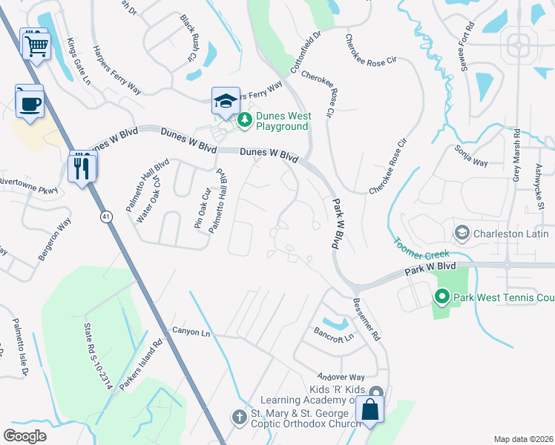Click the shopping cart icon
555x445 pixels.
pyautogui.click(x=36, y=47)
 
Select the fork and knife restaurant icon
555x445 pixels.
pyautogui.click(x=82, y=168)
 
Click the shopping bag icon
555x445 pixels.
pyautogui.click(x=370, y=409)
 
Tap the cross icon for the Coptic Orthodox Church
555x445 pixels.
pyautogui.click(x=240, y=418)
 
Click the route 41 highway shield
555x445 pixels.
pyautogui.click(x=107, y=216)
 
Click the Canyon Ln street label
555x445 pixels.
pyautogui.click(x=191, y=332)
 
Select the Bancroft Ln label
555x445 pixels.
pyautogui.click(x=334, y=334)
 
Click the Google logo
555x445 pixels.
pyautogui.click(x=25, y=435)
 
